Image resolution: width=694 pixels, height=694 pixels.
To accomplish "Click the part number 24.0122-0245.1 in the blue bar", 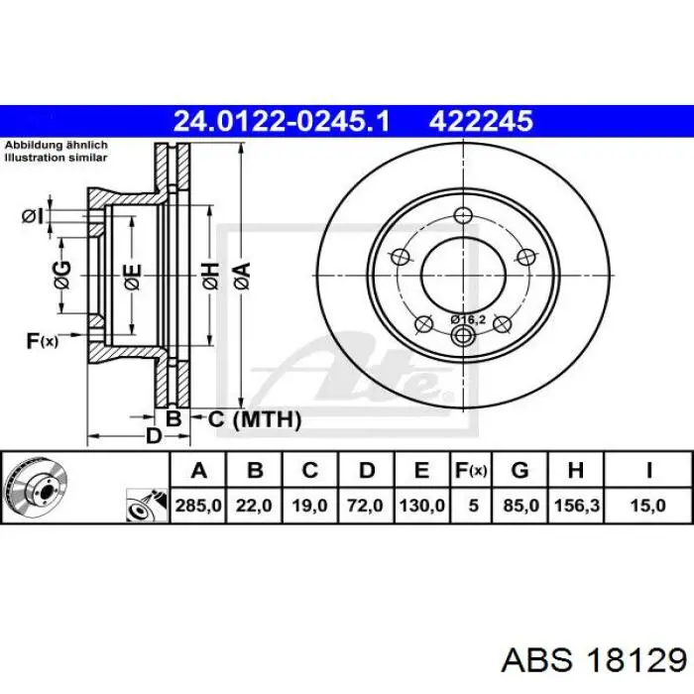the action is [x=282, y=121].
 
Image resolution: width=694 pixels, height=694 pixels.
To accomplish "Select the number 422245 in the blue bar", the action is [x=481, y=121].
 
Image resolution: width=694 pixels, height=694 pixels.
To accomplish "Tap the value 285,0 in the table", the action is [x=198, y=505].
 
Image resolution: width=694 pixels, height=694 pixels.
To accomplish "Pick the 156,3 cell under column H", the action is [x=576, y=505].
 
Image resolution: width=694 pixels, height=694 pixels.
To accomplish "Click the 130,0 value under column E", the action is [x=421, y=505].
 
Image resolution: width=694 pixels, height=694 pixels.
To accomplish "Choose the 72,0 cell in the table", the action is [x=365, y=505].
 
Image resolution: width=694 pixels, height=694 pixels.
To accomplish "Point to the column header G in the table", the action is [x=520, y=471].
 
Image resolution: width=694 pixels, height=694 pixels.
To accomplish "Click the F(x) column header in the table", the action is [x=471, y=471].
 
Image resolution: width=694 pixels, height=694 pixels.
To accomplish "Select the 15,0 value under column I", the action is [x=648, y=505].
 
